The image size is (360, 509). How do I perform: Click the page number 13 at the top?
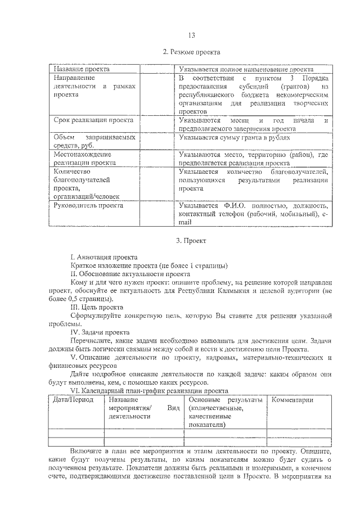(191, 35)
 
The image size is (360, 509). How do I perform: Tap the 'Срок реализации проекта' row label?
(93, 120)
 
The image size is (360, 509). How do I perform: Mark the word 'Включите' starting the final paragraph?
(87, 452)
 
